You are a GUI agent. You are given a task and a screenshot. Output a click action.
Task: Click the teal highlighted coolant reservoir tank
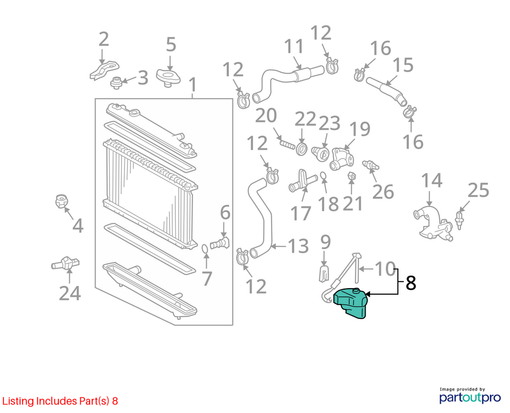pyautogui.click(x=351, y=303)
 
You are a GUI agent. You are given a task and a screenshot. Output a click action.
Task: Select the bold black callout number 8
pyautogui.click(x=411, y=283)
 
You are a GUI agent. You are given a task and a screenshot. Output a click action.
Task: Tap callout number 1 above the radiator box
pyautogui.click(x=193, y=85)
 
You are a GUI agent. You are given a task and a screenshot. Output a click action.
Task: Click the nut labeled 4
pyautogui.click(x=61, y=202)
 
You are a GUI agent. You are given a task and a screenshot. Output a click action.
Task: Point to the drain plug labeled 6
pyautogui.click(x=220, y=243)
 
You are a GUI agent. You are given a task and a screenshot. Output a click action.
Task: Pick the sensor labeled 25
pyautogui.click(x=459, y=220)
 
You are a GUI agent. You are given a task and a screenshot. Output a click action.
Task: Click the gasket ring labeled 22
pyautogui.click(x=302, y=149)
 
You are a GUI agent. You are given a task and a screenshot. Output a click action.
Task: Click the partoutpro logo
pyautogui.click(x=470, y=395)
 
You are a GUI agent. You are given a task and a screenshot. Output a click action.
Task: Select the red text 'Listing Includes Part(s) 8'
pyautogui.click(x=60, y=401)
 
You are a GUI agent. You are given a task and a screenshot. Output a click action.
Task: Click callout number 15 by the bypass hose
pyautogui.click(x=403, y=65)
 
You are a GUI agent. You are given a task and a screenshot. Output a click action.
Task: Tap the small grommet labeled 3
pyautogui.click(x=116, y=83)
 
